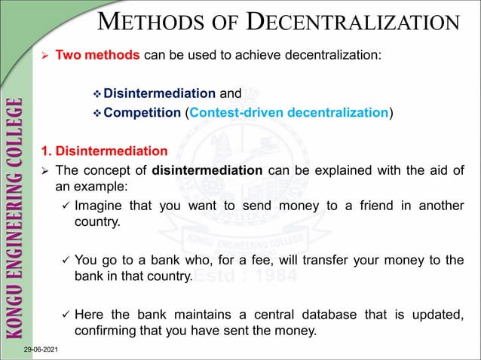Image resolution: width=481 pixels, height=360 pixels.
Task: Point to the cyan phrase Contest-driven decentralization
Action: (289, 113)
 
